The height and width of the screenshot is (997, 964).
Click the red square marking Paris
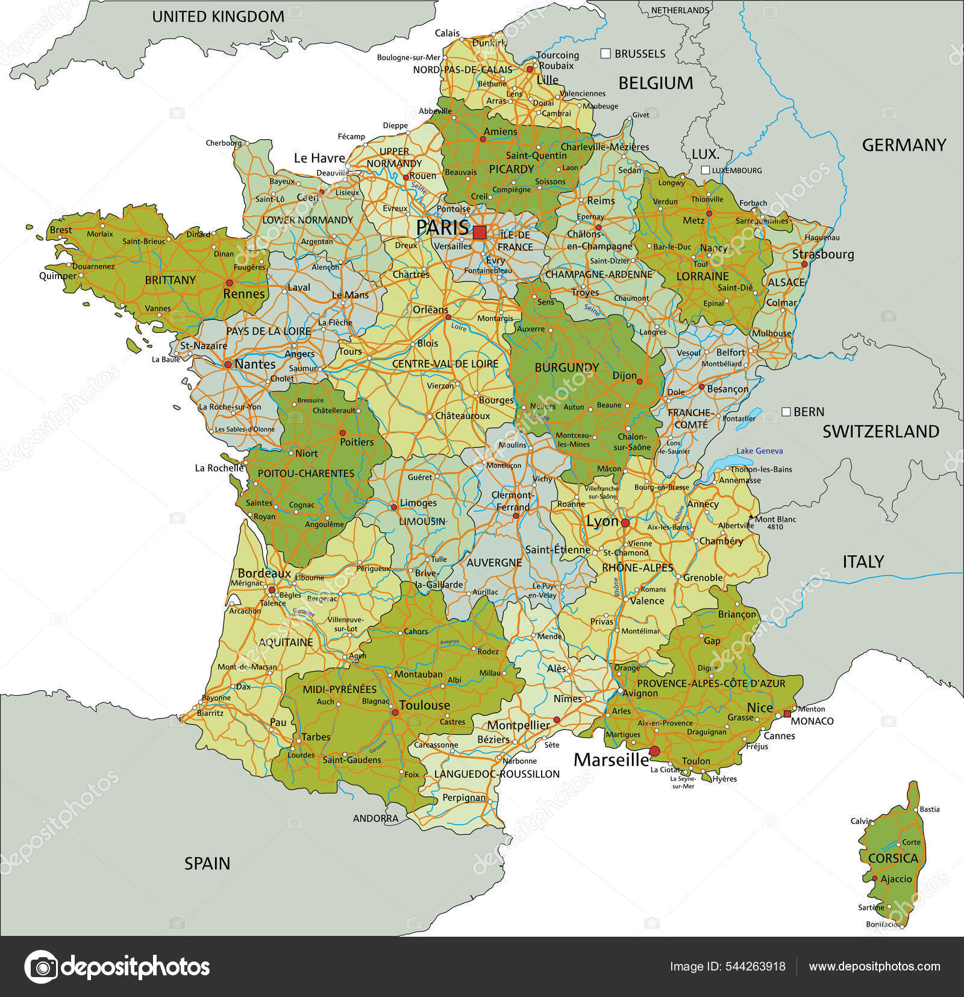point(480,232)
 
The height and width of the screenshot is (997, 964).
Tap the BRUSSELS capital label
point(640,54)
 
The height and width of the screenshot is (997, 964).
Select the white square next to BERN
point(786,412)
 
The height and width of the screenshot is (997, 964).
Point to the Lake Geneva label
point(759,451)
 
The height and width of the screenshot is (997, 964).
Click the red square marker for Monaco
point(787,714)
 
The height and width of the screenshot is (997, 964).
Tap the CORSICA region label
point(893,858)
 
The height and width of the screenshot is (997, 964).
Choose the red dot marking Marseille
point(654,751)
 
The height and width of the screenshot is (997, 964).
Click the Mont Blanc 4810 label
point(775,523)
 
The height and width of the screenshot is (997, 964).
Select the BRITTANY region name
point(171,280)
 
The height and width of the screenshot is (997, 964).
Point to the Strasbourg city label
point(822,254)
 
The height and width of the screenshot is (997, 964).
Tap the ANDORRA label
point(375,819)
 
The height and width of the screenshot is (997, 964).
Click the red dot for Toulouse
point(395,712)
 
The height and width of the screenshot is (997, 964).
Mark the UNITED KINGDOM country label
point(218,17)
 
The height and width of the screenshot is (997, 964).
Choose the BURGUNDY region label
point(566,367)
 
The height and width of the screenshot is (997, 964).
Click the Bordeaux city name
point(264,573)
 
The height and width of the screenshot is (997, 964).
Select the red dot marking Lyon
point(625,523)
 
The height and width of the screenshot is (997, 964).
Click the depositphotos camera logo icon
point(41,967)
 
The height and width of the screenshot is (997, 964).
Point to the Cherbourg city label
point(224,143)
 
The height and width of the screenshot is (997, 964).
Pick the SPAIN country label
point(207,863)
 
